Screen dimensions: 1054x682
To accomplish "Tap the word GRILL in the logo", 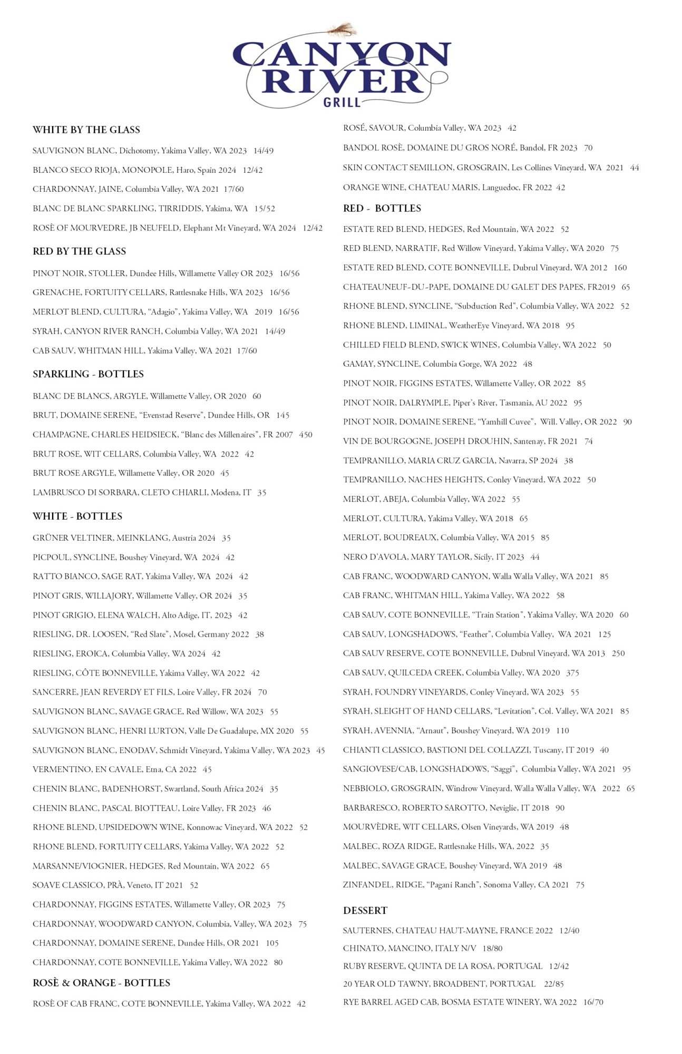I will click(x=342, y=102).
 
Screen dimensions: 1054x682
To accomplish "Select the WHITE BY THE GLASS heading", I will click(x=86, y=130).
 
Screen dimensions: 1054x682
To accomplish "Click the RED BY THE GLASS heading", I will click(x=80, y=251).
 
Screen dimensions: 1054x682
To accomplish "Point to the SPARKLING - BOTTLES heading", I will click(x=88, y=374).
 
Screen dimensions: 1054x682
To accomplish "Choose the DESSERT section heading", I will click(x=365, y=911).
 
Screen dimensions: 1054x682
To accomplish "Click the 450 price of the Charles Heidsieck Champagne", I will click(x=306, y=435).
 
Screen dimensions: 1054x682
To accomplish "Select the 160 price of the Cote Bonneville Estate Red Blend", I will click(x=620, y=268).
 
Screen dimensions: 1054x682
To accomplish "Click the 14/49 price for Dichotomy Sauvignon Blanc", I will click(x=264, y=151).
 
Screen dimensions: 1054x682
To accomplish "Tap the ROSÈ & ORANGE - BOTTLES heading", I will click(x=101, y=983).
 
